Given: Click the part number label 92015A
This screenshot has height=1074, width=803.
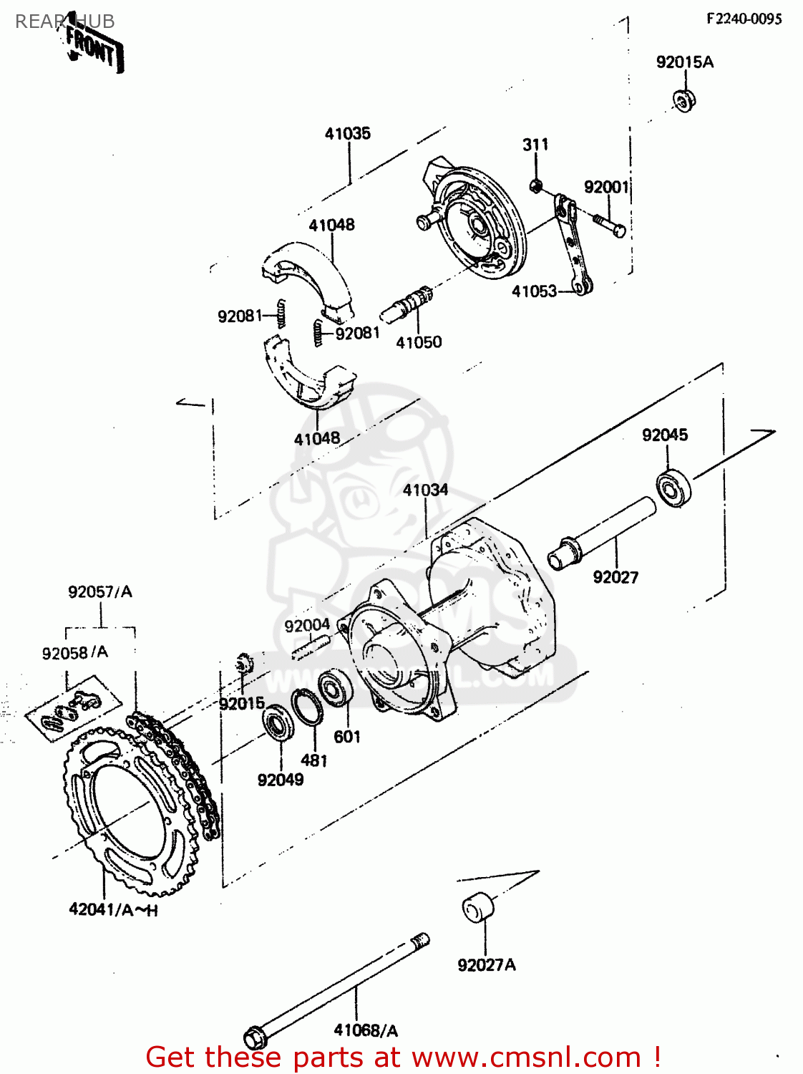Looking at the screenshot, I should tap(685, 62).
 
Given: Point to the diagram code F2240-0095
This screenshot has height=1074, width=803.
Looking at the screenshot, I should tap(744, 19).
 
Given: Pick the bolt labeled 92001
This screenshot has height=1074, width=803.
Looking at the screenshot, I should tap(608, 223).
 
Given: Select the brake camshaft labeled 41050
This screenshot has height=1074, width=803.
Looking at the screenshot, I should tap(408, 305).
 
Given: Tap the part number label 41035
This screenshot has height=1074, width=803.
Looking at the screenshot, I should tap(348, 133).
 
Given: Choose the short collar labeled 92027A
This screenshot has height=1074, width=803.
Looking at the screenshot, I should tap(477, 909).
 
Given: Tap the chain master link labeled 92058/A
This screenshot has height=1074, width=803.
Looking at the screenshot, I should tap(72, 709).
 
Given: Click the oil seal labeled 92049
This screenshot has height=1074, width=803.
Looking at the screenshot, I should tap(278, 722).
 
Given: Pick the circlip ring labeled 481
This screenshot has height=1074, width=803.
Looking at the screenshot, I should tap(306, 707).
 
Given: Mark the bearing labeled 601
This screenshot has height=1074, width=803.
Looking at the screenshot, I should tap(334, 688).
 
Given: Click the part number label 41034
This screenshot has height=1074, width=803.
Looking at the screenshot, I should tap(425, 490).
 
